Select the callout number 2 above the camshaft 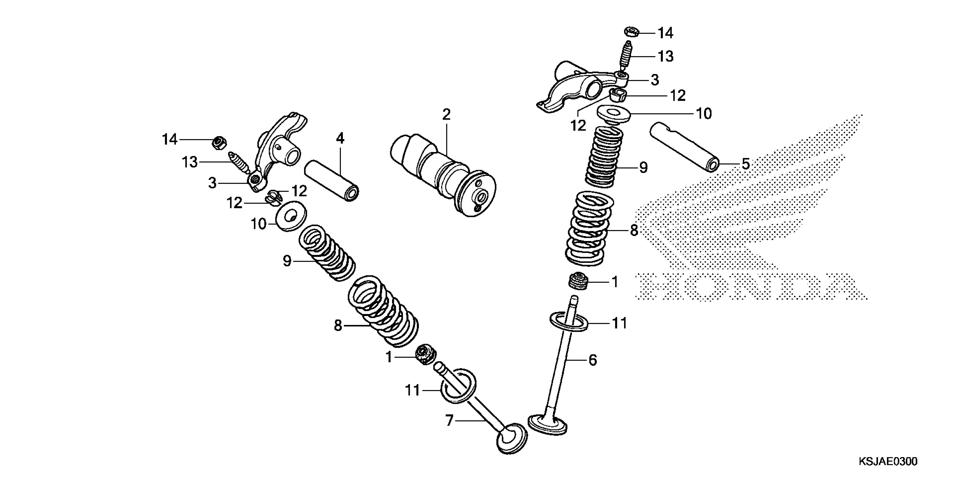tap(446, 115)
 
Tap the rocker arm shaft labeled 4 tap(331, 180)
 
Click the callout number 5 tap(745, 164)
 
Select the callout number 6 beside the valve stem tap(593, 360)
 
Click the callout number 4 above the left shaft tap(340, 139)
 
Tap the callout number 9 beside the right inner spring tap(644, 168)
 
